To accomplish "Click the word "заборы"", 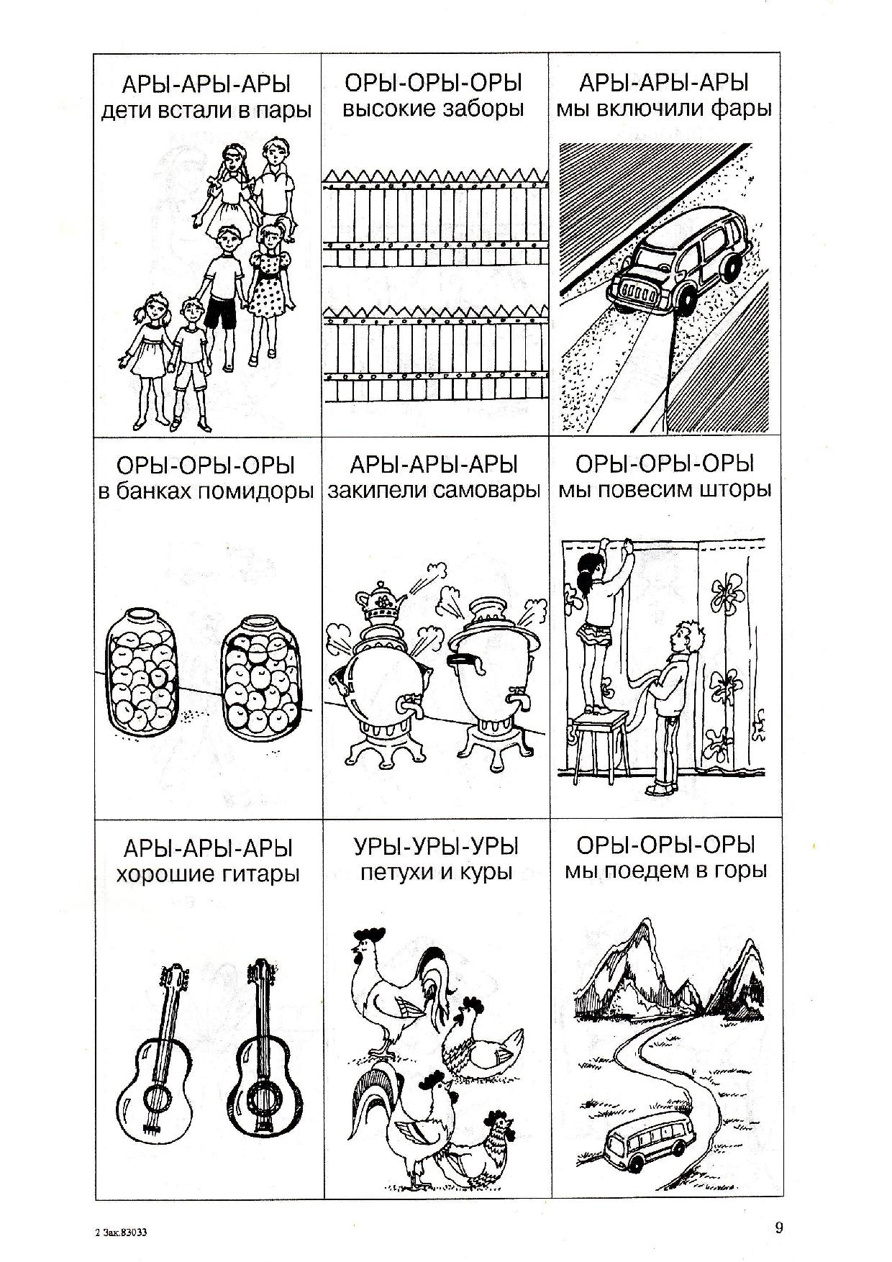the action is coord(485,111).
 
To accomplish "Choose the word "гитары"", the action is coord(251,875).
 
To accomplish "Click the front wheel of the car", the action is coord(684,302).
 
